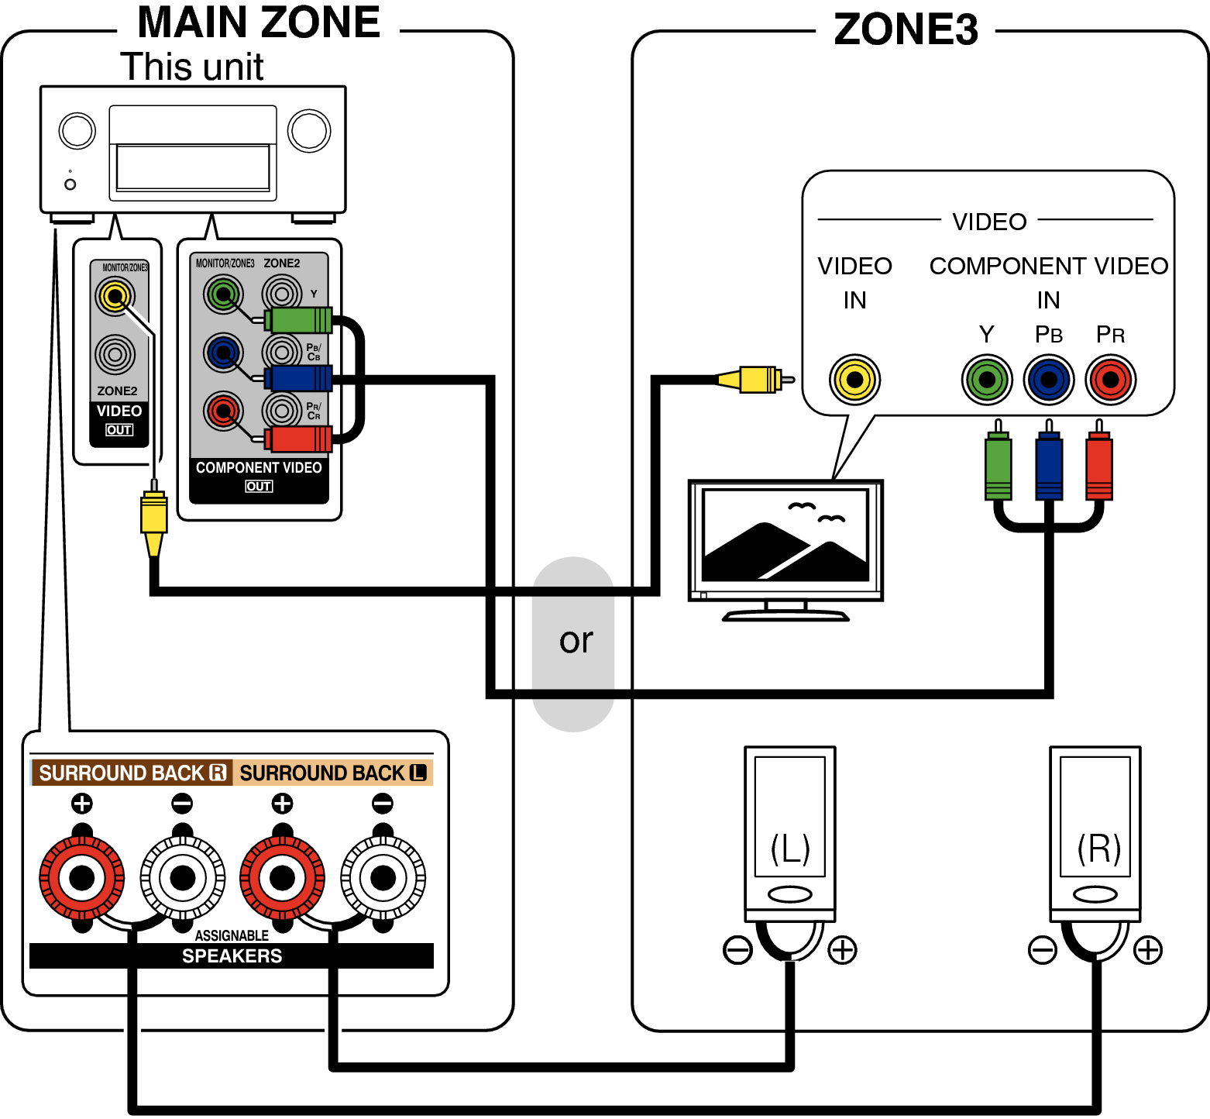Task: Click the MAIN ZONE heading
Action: tap(258, 23)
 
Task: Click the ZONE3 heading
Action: tap(905, 31)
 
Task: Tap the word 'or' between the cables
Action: tap(576, 641)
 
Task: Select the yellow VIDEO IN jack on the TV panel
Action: tap(854, 380)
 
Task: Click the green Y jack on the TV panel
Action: tap(987, 380)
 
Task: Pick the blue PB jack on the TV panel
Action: tap(1048, 380)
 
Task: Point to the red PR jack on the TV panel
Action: tap(1110, 380)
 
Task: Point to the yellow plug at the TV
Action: tap(756, 380)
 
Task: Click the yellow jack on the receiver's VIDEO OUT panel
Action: tap(115, 296)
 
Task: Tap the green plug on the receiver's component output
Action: tap(299, 320)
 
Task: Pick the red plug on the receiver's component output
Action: tap(299, 439)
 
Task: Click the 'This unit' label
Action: tap(192, 67)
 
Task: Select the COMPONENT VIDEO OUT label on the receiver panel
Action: tap(259, 475)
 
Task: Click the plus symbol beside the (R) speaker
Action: tap(1147, 949)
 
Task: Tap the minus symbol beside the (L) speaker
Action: tap(737, 949)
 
